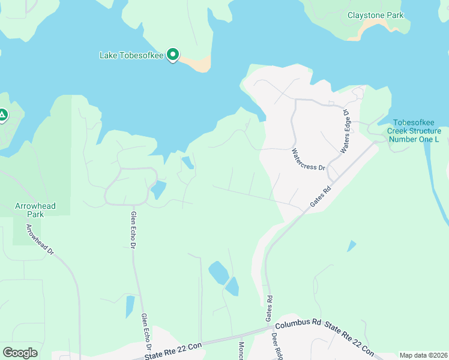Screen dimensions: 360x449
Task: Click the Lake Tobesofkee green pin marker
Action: click(x=173, y=55)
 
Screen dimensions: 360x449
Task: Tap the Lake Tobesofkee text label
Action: click(x=131, y=55)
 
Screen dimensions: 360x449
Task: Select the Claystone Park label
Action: click(x=375, y=15)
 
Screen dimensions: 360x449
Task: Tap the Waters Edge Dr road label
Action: click(x=345, y=131)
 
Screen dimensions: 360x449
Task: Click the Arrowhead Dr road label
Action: click(x=40, y=239)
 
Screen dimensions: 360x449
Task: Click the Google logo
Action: click(x=20, y=353)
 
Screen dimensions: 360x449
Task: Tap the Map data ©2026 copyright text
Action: click(x=423, y=355)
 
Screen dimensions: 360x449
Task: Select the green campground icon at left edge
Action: click(x=2, y=114)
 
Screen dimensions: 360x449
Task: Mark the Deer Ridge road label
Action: click(x=277, y=347)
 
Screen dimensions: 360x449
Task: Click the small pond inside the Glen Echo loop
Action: click(x=158, y=190)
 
